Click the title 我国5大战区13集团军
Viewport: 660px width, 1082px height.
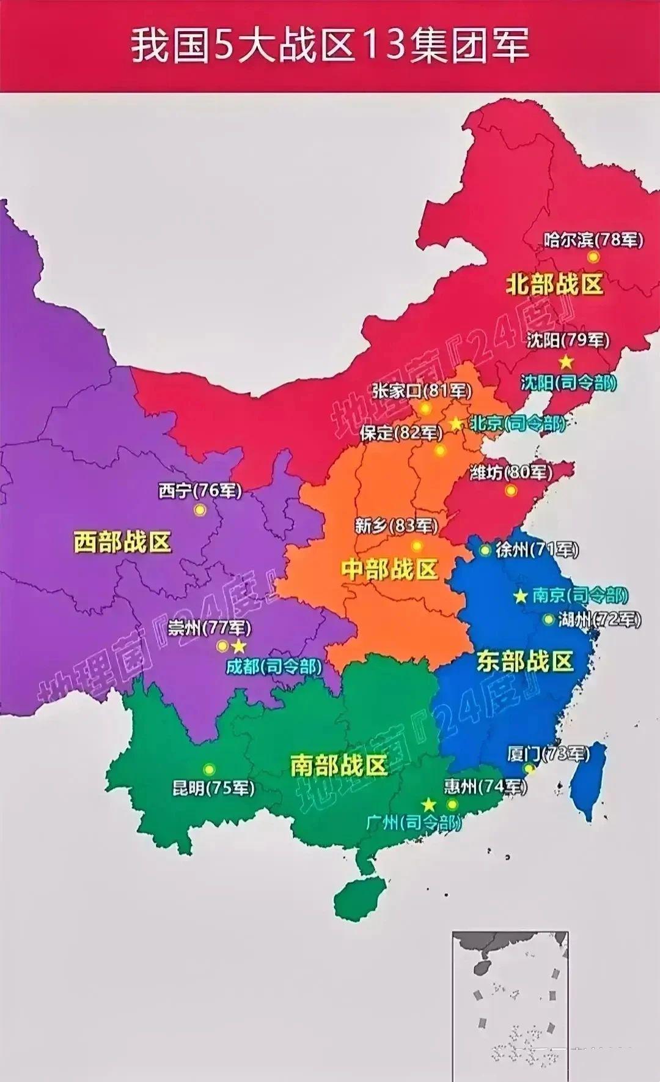(330, 46)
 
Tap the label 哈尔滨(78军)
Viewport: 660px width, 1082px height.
(593, 239)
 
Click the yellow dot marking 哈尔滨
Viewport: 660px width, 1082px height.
(593, 257)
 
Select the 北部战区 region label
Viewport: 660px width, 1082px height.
(554, 285)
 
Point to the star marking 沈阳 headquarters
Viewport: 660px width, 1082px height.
(566, 361)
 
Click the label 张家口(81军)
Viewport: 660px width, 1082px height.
(421, 391)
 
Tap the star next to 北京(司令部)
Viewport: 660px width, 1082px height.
(456, 423)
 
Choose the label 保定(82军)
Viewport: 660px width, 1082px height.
(401, 433)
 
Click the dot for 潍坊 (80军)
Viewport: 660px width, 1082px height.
(511, 490)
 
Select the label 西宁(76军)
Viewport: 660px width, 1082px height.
(200, 491)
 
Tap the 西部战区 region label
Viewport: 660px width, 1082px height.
(122, 542)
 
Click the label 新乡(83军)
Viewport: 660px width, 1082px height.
(397, 525)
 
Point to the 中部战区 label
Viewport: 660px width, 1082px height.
(390, 569)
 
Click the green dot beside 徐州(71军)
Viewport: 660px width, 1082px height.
(485, 550)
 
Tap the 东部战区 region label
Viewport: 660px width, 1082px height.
(525, 661)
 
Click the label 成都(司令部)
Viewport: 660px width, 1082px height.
(274, 666)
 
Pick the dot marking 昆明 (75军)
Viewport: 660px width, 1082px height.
(210, 769)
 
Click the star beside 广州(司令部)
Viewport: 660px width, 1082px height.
(428, 804)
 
